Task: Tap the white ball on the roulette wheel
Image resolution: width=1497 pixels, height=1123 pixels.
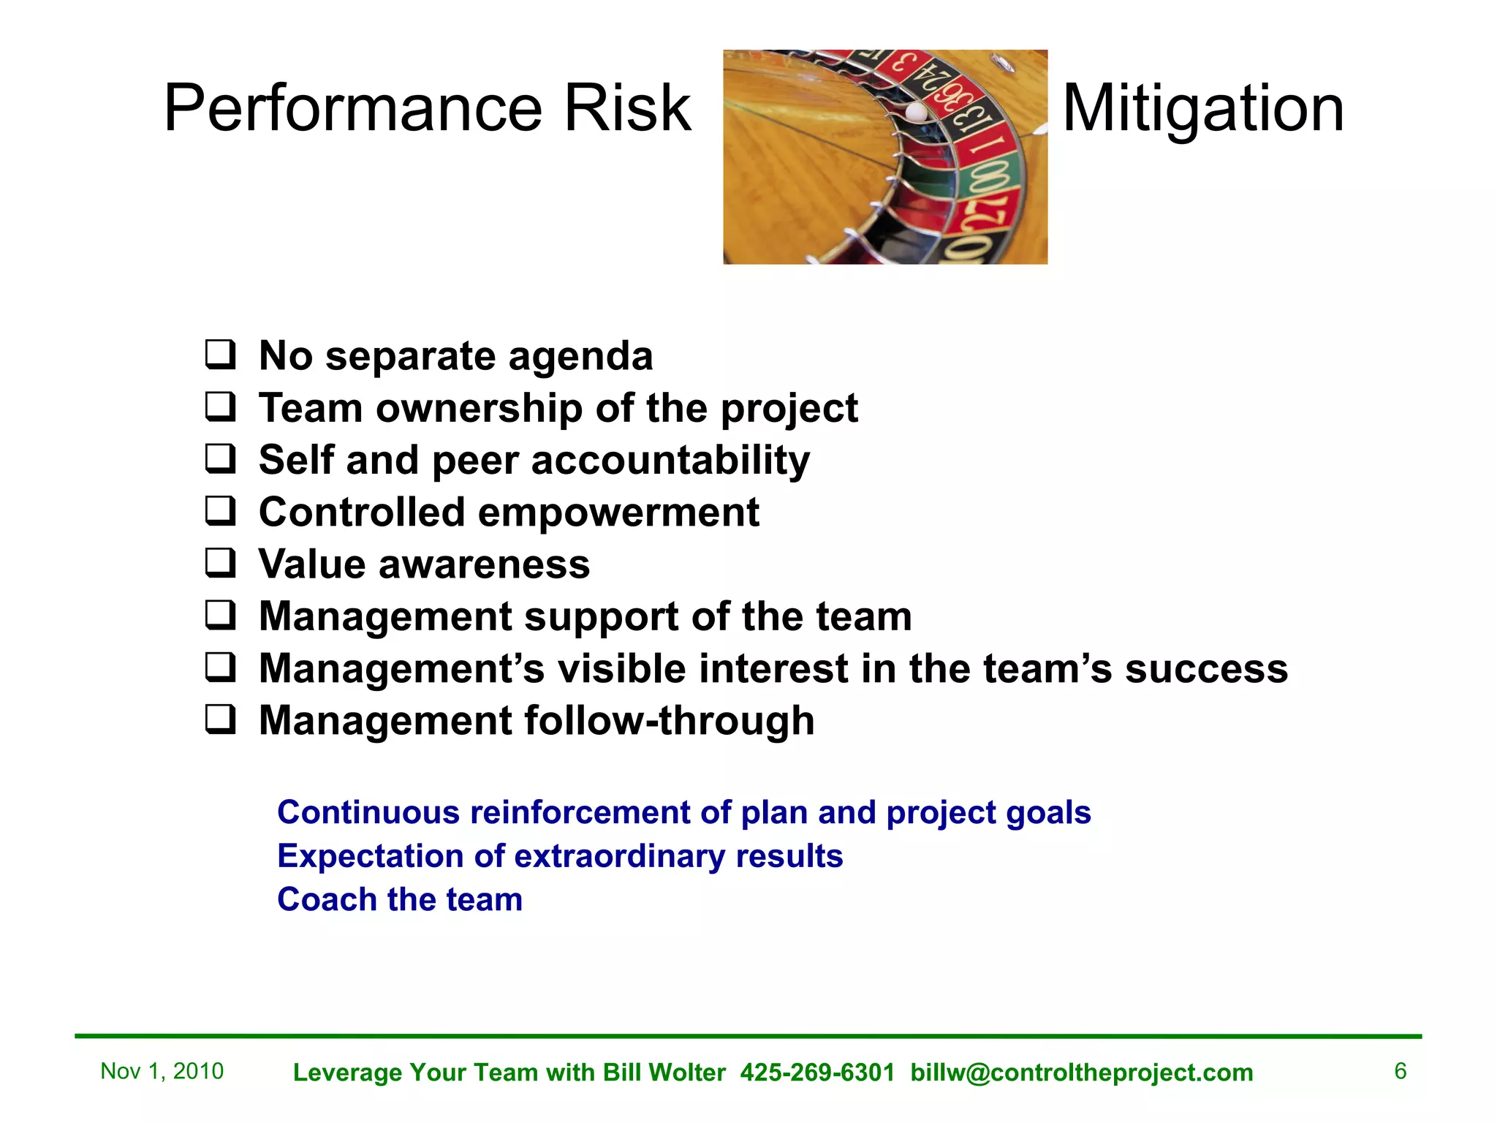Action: (x=916, y=112)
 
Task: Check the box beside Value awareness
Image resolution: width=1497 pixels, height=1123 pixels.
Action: (x=220, y=563)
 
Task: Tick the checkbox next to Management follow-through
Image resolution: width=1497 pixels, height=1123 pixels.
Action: (x=220, y=719)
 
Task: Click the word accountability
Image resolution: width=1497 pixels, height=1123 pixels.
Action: (x=670, y=461)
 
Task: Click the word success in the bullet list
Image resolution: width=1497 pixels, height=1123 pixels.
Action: (x=1206, y=669)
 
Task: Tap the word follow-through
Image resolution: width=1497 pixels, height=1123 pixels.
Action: (x=669, y=721)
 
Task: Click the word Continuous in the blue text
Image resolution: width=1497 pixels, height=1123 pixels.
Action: (x=368, y=812)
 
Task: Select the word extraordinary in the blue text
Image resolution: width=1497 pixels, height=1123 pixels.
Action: (x=621, y=856)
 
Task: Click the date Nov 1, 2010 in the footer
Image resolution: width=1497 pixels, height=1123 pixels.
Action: (x=162, y=1071)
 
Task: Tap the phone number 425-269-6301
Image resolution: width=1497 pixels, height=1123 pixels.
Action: (x=817, y=1073)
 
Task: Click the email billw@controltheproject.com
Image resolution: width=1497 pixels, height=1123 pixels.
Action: (x=1082, y=1073)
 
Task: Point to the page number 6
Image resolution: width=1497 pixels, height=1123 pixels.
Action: (x=1400, y=1071)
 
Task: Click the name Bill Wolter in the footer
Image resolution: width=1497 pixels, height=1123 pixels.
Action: (x=664, y=1073)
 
